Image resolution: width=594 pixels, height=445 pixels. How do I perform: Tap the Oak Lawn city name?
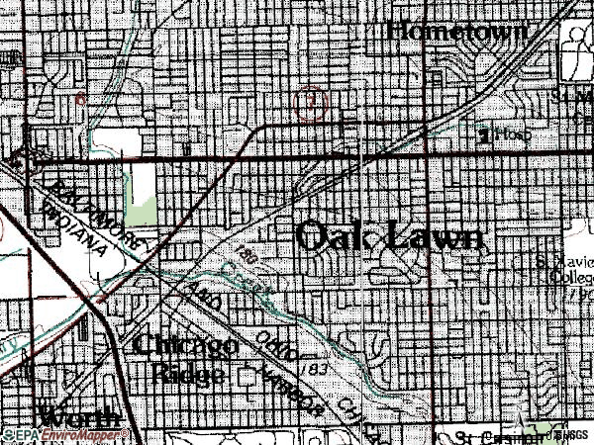tap(391, 237)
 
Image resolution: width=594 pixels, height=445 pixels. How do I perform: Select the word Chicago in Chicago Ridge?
tap(185, 347)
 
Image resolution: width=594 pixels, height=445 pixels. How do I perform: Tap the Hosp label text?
tap(510, 134)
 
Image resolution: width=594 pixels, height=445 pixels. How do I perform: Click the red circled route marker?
tap(311, 103)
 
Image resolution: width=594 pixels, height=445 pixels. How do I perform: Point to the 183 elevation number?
tap(318, 369)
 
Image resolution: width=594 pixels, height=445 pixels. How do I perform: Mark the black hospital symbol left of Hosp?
tap(483, 133)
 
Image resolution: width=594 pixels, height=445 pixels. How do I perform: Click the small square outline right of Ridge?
tap(247, 375)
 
